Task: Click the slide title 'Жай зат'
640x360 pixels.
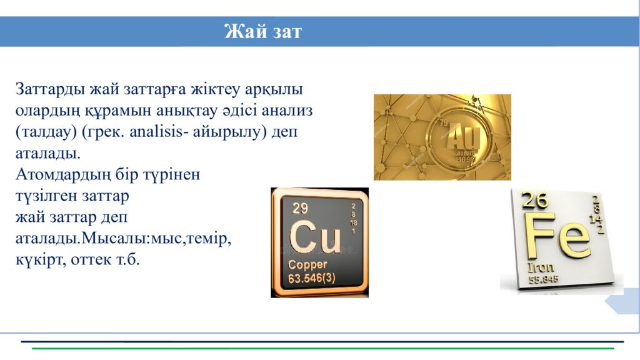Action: (262, 31)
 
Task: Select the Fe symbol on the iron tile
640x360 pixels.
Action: (558, 237)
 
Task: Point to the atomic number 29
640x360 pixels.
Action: (300, 208)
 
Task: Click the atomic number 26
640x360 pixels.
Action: (535, 201)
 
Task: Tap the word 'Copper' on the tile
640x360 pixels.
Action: (307, 265)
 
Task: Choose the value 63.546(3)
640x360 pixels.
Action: (311, 278)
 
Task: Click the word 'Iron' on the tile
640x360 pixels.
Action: (541, 267)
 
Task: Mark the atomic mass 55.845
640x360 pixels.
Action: (544, 280)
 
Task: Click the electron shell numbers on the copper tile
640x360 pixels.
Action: (353, 218)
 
